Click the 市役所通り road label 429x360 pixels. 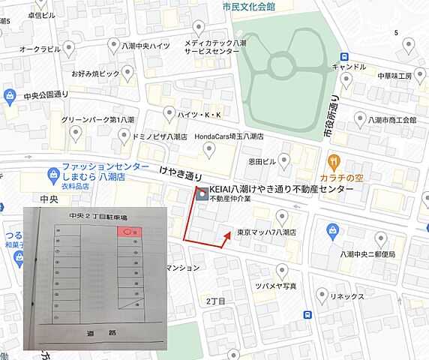point(329,116)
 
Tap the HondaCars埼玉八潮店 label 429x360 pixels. point(229,136)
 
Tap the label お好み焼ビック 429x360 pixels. point(95,74)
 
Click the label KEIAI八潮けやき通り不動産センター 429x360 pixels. point(280,190)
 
